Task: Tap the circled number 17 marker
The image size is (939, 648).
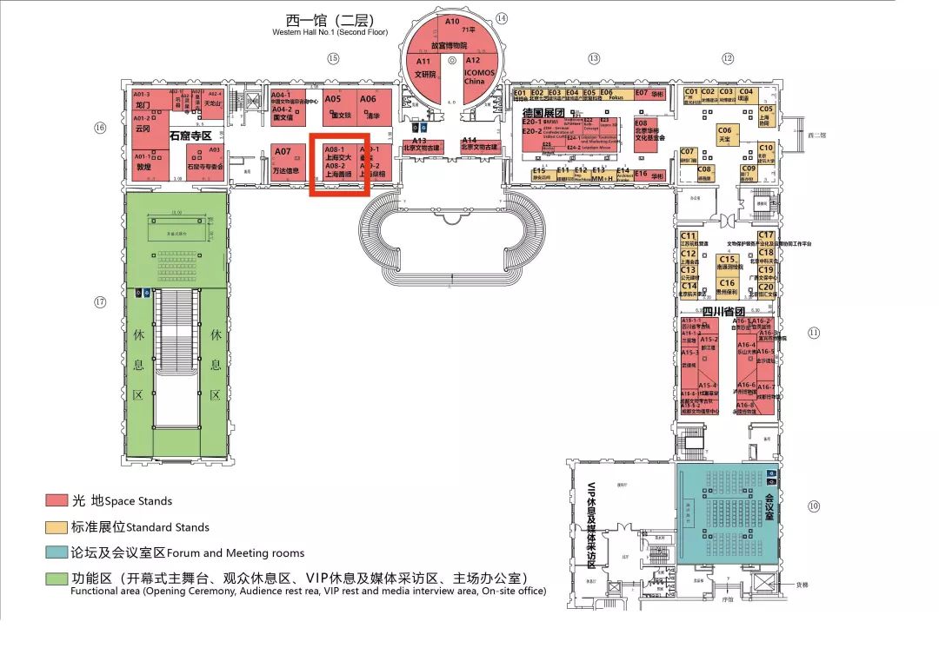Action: (x=101, y=302)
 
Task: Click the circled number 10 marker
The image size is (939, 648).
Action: (x=814, y=506)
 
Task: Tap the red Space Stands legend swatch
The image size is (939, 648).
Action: (x=57, y=500)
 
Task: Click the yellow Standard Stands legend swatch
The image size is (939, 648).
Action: (x=57, y=526)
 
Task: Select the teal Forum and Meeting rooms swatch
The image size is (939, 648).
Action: (x=57, y=552)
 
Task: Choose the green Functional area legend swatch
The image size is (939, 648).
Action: (x=57, y=579)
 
